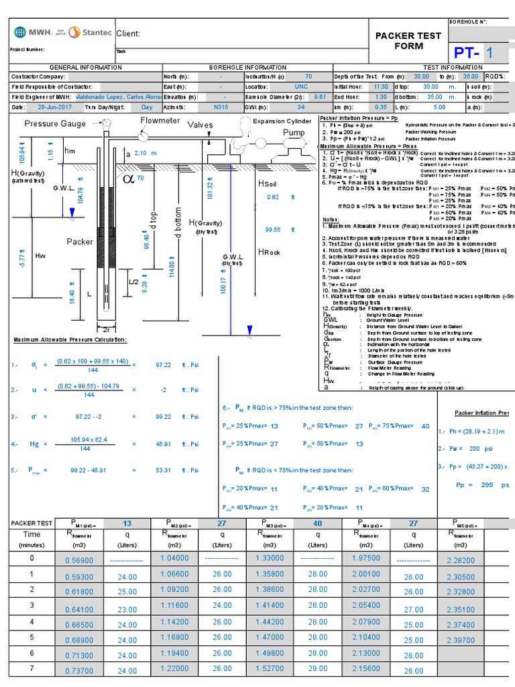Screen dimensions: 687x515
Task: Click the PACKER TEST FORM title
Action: (x=408, y=40)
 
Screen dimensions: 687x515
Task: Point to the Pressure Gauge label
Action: (x=55, y=123)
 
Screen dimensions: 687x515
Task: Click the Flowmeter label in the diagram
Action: (x=160, y=120)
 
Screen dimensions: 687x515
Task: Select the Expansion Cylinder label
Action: (x=282, y=121)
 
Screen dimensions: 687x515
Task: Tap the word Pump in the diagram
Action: (x=293, y=133)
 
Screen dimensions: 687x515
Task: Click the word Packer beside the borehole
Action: (x=80, y=242)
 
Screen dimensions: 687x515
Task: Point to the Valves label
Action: (x=200, y=125)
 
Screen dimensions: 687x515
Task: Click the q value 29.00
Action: (x=318, y=668)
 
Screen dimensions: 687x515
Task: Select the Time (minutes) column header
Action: (x=32, y=539)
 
